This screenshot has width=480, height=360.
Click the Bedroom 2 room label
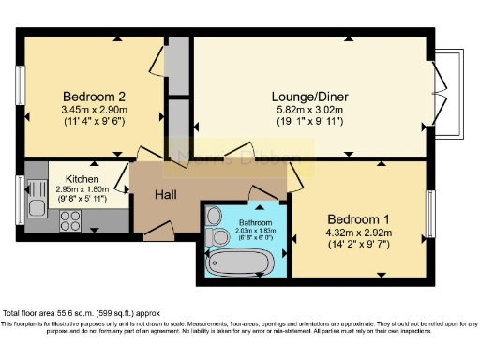coord(94,97)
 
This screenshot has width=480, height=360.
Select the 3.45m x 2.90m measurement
coord(94,110)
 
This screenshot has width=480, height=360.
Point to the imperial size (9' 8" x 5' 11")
coord(82,199)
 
